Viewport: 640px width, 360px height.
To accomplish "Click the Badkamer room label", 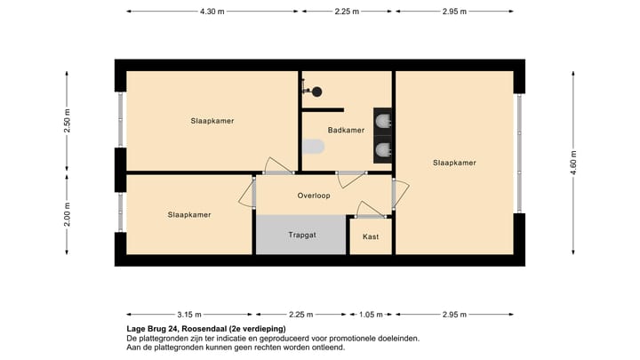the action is (346, 130).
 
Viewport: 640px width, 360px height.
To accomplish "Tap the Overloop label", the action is (314, 196).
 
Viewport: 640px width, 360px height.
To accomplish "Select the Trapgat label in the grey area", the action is (302, 235).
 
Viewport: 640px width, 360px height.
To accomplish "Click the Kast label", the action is (371, 236).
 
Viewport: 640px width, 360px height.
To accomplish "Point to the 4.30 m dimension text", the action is (212, 12).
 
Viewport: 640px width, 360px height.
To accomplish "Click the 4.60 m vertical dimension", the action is (573, 163).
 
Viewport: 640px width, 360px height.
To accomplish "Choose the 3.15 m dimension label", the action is (189, 315).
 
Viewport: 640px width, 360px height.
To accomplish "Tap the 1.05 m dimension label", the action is (371, 315).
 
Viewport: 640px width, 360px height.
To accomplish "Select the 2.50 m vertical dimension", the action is (68, 121).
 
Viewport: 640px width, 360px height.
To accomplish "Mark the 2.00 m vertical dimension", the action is (68, 214).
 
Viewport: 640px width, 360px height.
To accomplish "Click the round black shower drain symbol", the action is (316, 92).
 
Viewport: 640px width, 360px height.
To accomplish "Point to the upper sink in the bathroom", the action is (383, 122).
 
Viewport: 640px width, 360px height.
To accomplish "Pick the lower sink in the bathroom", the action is (383, 150).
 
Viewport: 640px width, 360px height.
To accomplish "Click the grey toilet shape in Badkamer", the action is (314, 147).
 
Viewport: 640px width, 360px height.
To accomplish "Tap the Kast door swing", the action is (371, 210).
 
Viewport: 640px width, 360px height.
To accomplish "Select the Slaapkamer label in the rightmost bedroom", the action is (454, 163).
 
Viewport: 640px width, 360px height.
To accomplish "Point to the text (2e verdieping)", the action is (258, 329).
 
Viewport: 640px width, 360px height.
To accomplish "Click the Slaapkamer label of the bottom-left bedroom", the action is (189, 215).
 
